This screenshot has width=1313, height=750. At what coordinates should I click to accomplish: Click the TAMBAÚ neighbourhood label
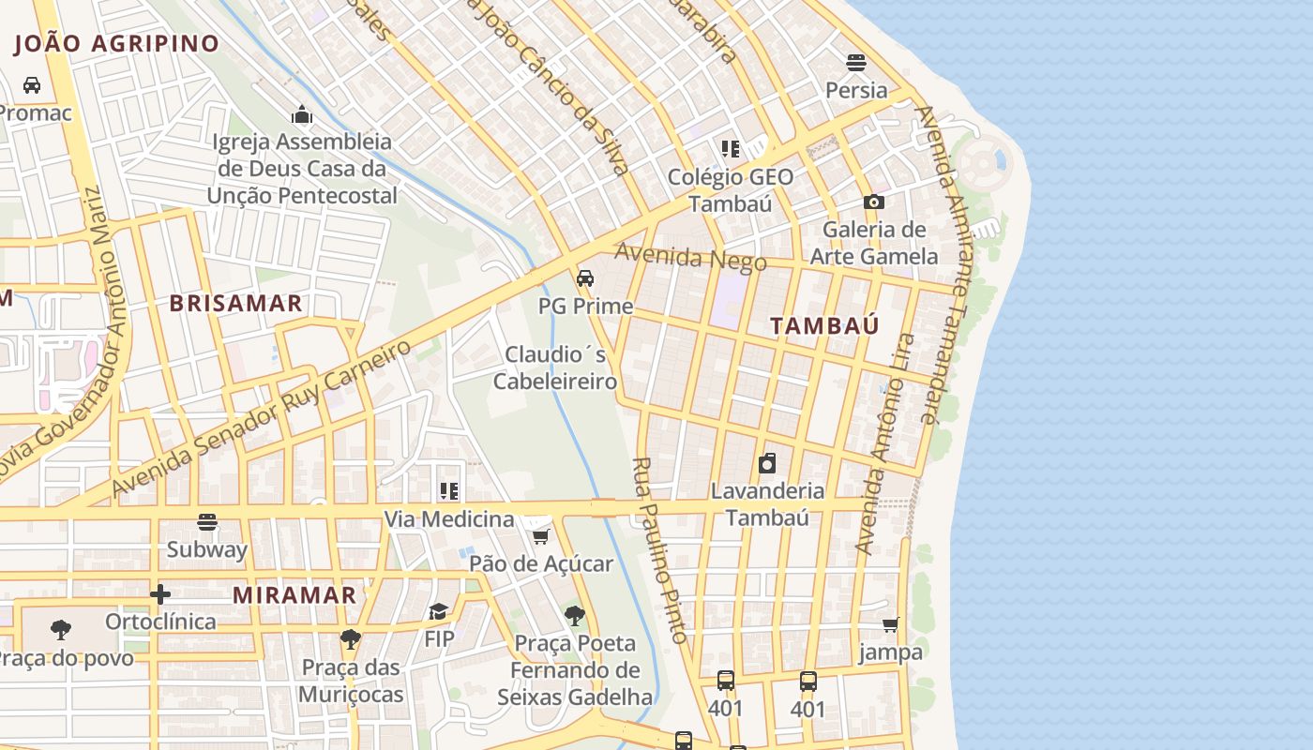(x=824, y=326)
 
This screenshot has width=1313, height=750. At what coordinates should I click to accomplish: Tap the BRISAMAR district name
(x=236, y=304)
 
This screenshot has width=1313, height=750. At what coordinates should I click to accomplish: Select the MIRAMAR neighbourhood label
(x=294, y=595)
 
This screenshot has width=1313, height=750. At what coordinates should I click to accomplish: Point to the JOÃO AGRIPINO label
(x=116, y=43)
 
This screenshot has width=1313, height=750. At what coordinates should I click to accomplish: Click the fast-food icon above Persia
(x=855, y=63)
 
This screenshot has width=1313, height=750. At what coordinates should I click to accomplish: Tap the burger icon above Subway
(x=207, y=522)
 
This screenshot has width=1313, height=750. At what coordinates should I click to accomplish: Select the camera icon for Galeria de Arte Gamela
(x=874, y=202)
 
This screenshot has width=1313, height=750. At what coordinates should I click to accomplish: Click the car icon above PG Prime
(x=585, y=278)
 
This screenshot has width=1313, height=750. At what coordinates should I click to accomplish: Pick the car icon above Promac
(x=32, y=85)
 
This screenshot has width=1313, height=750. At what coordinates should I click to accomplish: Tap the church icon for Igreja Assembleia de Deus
(x=302, y=114)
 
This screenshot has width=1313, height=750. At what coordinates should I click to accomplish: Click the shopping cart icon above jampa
(x=890, y=624)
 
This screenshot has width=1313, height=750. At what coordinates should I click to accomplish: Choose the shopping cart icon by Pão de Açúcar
(x=540, y=536)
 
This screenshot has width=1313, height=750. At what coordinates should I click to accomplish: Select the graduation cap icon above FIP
(x=438, y=612)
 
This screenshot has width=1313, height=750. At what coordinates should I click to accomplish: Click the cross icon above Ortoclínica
(x=160, y=594)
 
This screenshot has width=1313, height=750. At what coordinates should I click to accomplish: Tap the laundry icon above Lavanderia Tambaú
(x=767, y=463)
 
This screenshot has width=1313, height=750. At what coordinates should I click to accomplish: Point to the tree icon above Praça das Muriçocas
(x=351, y=639)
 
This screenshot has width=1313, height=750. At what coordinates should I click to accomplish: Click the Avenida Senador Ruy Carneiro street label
(x=262, y=418)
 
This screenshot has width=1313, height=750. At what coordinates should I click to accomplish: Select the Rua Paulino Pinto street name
(x=660, y=550)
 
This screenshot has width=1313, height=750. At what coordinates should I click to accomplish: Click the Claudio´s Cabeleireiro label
(x=555, y=367)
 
